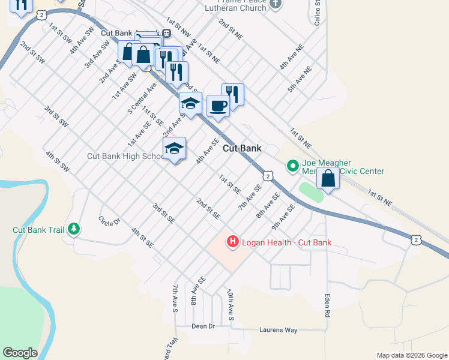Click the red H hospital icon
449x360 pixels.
click(x=232, y=242)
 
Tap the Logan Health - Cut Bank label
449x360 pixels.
click(x=285, y=242)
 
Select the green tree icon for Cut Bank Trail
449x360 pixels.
click(x=74, y=229)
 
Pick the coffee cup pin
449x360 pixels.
click(x=218, y=106)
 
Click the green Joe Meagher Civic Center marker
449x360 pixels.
click(x=292, y=164)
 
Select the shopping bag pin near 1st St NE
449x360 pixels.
click(x=328, y=179)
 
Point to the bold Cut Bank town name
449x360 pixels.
click(x=243, y=148)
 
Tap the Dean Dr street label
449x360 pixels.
click(x=203, y=326)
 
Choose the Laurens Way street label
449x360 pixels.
click(x=278, y=330)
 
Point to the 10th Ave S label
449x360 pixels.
click(x=230, y=304)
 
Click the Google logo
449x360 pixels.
click(x=20, y=353)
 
